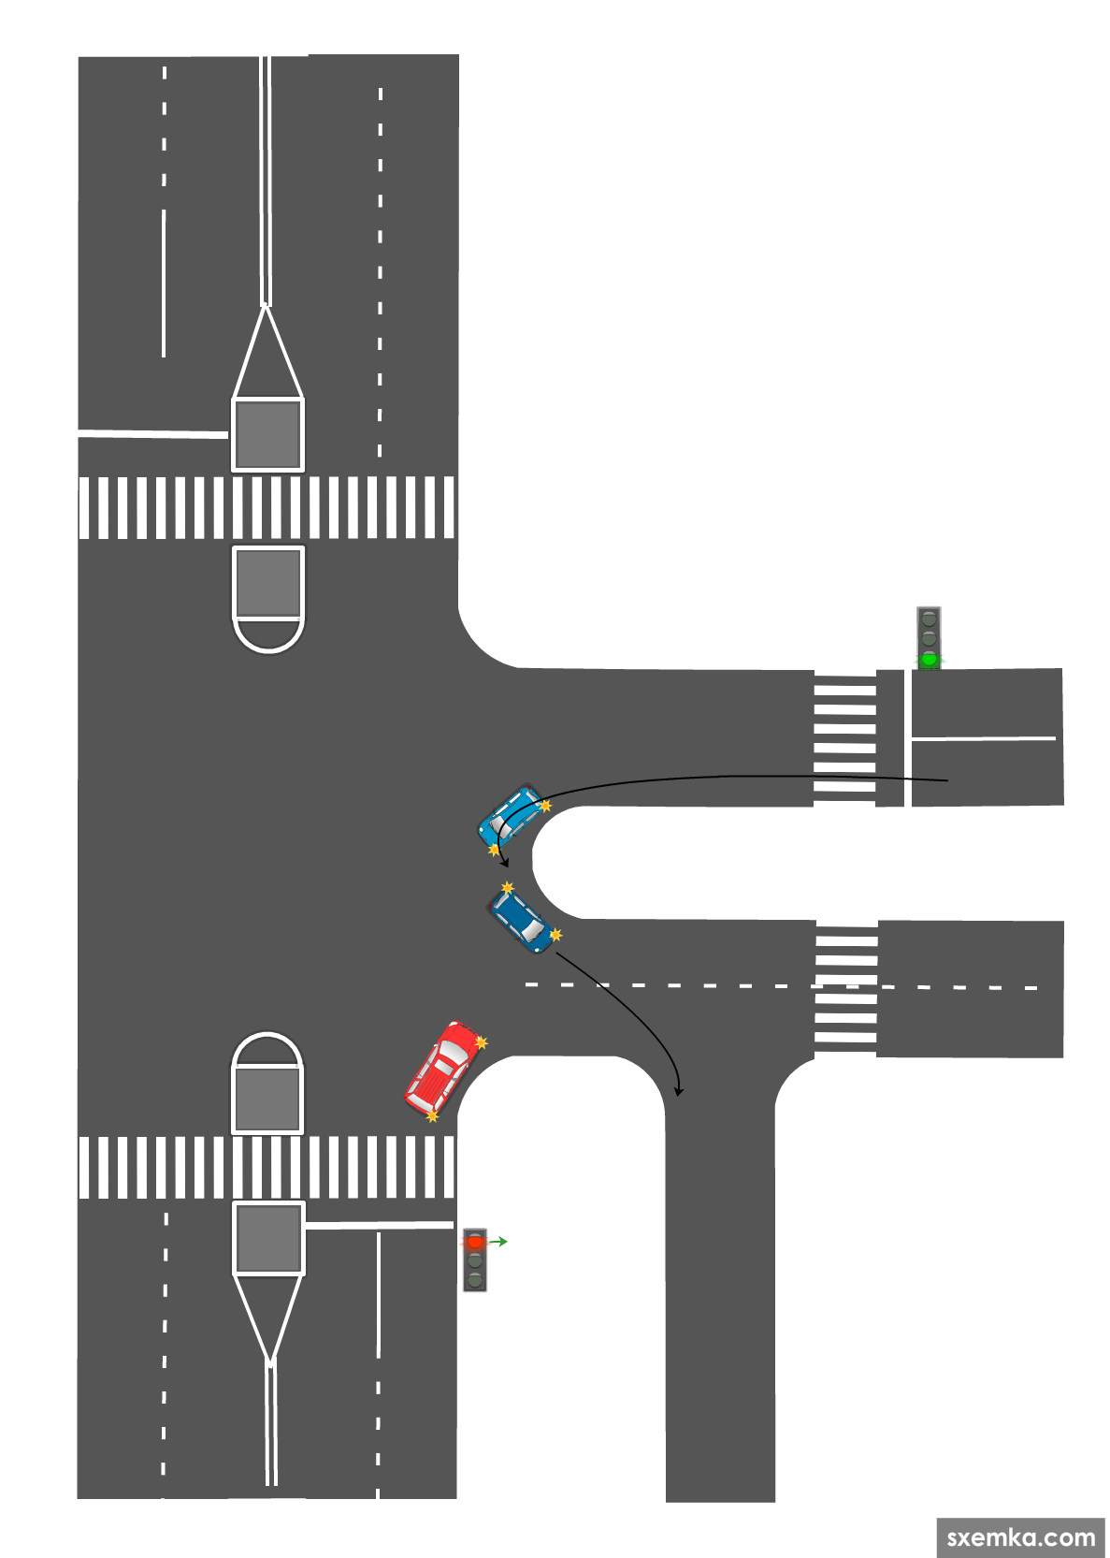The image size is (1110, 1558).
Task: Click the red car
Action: [445, 1069]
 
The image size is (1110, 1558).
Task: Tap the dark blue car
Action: [521, 921]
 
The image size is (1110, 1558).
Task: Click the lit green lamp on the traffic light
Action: [929, 659]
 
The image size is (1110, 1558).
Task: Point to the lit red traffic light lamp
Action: [475, 1243]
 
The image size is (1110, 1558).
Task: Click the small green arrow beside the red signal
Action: [499, 1242]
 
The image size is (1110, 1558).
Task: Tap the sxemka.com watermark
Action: [1020, 1537]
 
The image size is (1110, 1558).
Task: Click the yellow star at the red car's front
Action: [482, 1041]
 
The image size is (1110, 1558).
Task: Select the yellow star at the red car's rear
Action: [432, 1115]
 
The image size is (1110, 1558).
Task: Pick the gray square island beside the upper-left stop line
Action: [267, 434]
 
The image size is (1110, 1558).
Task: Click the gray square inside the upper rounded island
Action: [268, 581]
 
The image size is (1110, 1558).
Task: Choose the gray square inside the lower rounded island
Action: [267, 1099]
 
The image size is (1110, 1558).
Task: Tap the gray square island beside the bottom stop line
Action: [268, 1238]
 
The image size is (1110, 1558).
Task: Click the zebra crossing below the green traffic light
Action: [844, 738]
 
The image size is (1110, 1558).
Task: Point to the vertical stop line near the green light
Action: [907, 737]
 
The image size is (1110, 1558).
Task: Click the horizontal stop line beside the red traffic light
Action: [379, 1224]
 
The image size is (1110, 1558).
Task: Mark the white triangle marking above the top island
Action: [267, 356]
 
